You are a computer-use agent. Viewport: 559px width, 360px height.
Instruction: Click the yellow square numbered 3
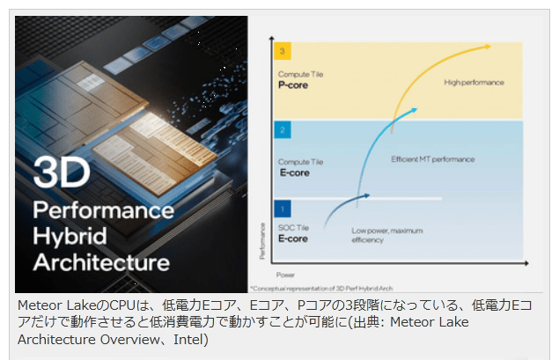pyautogui.click(x=282, y=49)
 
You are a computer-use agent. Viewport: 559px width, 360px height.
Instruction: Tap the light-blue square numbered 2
pyautogui.click(x=282, y=129)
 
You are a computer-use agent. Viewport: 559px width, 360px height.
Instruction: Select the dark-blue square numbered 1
pyautogui.click(x=282, y=209)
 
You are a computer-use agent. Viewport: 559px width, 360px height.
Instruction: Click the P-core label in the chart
pyautogui.click(x=293, y=86)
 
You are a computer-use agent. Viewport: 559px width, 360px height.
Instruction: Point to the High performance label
pyautogui.click(x=474, y=82)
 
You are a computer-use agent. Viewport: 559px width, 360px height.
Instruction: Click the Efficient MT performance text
pyautogui.click(x=432, y=159)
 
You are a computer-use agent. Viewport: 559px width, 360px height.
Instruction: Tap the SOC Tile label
pyautogui.click(x=293, y=228)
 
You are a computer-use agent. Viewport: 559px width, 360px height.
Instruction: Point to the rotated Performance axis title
pyautogui.click(x=262, y=243)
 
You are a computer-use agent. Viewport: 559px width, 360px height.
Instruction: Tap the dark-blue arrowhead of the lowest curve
pyautogui.click(x=367, y=195)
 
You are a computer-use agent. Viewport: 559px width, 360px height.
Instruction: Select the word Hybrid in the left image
pyautogui.click(x=68, y=236)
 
